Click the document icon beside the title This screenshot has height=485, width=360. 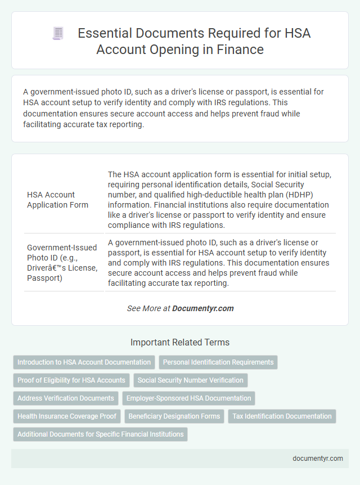58,34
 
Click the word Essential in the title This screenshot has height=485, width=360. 104,34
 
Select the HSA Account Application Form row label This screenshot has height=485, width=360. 57,200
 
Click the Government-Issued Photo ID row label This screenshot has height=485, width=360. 62,262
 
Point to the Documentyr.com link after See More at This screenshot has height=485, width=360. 202,308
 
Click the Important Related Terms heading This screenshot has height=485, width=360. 180,342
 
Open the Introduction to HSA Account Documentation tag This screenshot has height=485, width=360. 84,362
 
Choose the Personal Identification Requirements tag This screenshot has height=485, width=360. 218,362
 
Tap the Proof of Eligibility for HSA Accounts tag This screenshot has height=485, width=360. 71,380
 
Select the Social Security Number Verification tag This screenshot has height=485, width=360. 190,380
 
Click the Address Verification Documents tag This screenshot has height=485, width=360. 66,398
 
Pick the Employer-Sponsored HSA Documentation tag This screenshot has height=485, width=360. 188,398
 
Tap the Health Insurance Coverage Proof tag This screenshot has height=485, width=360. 67,416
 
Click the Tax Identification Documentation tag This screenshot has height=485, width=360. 282,416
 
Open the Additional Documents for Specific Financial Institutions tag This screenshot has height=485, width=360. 100,434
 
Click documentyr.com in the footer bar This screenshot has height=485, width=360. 317,458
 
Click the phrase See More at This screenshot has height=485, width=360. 148,308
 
